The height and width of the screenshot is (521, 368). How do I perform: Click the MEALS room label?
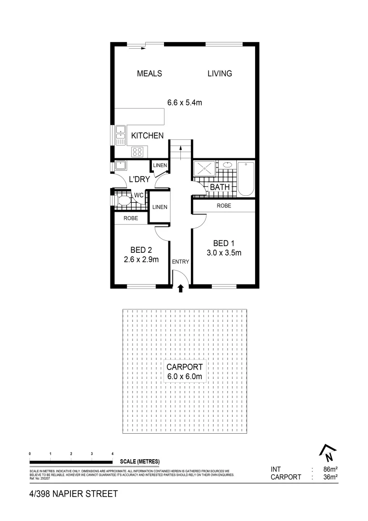149,74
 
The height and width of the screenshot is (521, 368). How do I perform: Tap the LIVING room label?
219,74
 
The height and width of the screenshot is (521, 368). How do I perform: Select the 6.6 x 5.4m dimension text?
184,102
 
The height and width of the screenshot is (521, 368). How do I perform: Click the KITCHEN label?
147,136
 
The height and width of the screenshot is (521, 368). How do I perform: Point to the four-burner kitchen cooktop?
137,152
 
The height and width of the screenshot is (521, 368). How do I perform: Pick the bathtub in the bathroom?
246,178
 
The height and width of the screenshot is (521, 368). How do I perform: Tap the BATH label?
219,187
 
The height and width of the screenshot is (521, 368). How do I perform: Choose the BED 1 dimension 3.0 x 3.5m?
224,253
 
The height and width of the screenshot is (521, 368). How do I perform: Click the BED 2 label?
141,250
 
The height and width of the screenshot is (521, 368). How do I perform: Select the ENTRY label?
180,262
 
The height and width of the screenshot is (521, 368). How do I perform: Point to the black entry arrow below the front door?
180,289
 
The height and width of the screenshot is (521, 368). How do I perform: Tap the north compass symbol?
327,453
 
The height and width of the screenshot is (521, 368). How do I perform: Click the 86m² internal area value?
329,469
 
